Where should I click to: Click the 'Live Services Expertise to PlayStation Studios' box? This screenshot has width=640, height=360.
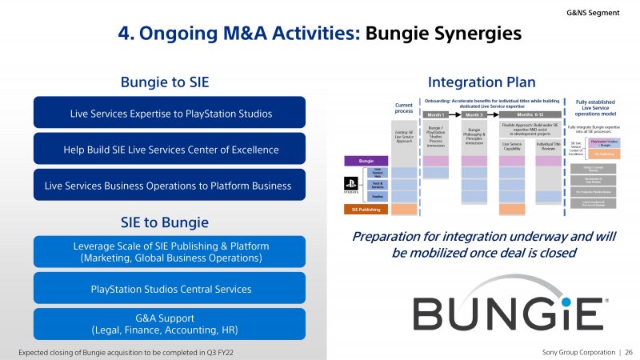[x=170, y=113]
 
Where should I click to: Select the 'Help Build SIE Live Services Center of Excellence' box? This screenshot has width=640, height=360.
[x=170, y=149]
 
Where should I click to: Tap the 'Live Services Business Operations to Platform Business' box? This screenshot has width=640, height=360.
[x=170, y=185]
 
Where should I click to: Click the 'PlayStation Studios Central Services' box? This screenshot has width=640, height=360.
[x=170, y=287]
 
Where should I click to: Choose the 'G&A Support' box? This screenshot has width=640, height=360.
[x=170, y=324]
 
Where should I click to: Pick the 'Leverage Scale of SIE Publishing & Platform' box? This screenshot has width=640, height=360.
[x=170, y=251]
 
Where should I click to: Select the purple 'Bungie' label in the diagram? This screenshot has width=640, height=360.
[x=366, y=161]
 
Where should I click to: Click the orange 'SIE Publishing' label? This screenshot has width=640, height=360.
[x=366, y=210]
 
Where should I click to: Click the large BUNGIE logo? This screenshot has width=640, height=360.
[x=508, y=312]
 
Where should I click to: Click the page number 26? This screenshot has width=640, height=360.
[x=628, y=352]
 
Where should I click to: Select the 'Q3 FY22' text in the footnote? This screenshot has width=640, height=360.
[x=218, y=352]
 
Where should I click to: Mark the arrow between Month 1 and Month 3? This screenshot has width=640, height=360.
[x=460, y=115]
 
